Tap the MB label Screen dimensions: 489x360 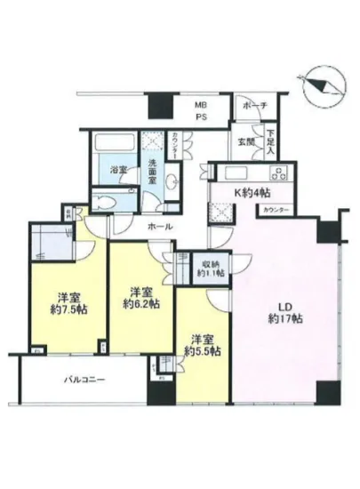(201, 105)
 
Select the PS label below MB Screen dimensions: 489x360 (201, 116)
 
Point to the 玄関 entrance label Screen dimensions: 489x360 (244, 141)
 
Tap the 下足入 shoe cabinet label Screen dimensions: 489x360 (270, 144)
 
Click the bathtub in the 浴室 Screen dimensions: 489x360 (113, 142)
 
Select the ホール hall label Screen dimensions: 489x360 (161, 228)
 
